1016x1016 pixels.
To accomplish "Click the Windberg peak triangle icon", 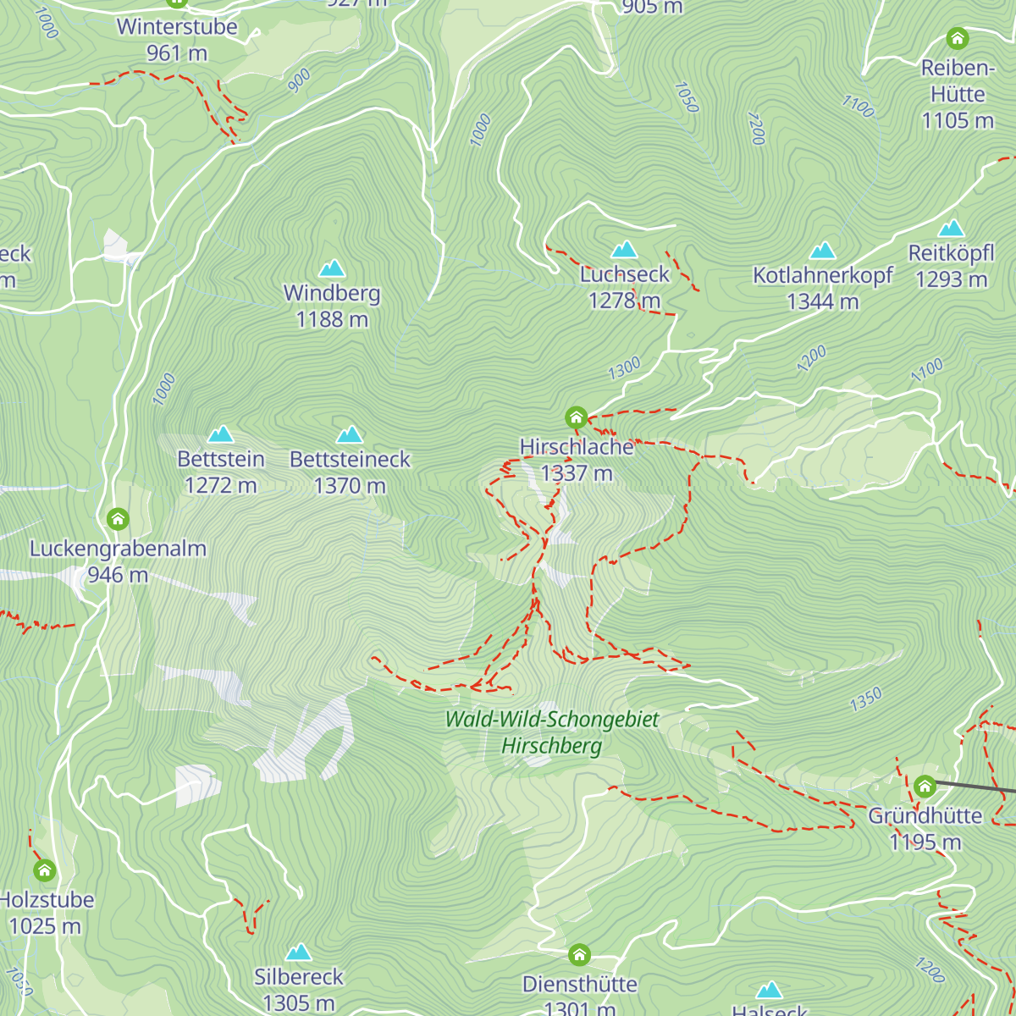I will pyautogui.click(x=332, y=268).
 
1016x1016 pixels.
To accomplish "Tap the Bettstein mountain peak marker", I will pyautogui.click(x=221, y=434).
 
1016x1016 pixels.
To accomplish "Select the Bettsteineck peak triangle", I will pyautogui.click(x=350, y=434).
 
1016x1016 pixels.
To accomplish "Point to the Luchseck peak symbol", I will pyautogui.click(x=624, y=249).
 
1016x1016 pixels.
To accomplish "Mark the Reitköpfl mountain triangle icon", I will pyautogui.click(x=951, y=228).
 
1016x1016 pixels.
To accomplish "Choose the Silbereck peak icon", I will pyautogui.click(x=298, y=952).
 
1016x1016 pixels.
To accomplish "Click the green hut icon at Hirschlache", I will pyautogui.click(x=576, y=417).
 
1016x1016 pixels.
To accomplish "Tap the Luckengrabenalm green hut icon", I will pyautogui.click(x=118, y=518).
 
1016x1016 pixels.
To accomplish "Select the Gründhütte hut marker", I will pyautogui.click(x=925, y=786).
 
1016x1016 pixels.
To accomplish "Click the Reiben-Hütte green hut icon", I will pyautogui.click(x=957, y=38).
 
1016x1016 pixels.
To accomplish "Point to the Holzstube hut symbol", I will pyautogui.click(x=44, y=870).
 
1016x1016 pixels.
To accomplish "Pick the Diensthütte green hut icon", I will pyautogui.click(x=579, y=955).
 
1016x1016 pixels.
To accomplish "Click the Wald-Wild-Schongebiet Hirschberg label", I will pyautogui.click(x=552, y=732).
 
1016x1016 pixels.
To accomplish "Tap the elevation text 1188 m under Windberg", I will pyautogui.click(x=332, y=319).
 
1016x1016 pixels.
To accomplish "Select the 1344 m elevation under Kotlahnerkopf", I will pyautogui.click(x=822, y=301).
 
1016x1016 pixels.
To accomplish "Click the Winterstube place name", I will pyautogui.click(x=177, y=26).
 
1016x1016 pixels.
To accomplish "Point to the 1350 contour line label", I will pyautogui.click(x=866, y=699).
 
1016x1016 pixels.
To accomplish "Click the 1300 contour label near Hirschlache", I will pyautogui.click(x=625, y=368).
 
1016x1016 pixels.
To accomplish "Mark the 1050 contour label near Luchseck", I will pyautogui.click(x=687, y=97).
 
